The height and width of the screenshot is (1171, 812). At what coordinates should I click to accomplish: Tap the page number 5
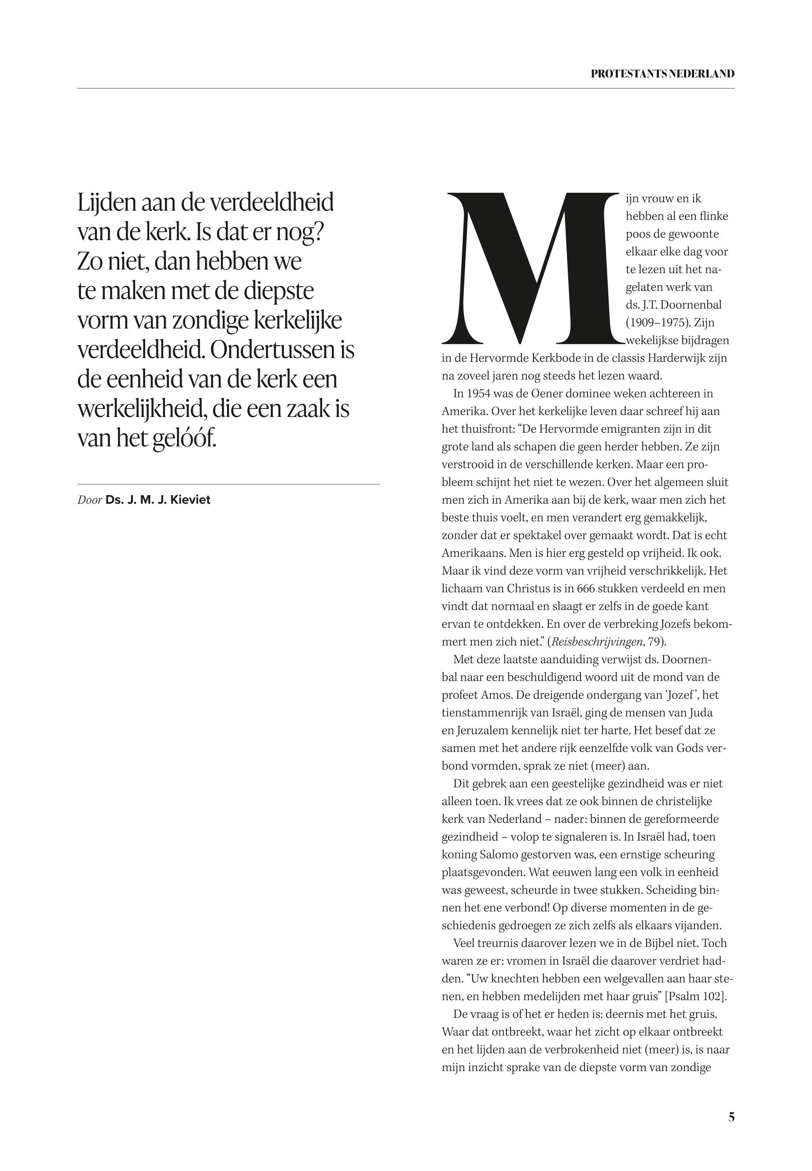pos(731,1117)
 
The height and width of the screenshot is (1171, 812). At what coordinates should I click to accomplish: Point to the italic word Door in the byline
pos(89,500)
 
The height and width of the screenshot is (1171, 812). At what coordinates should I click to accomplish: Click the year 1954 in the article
pos(477,394)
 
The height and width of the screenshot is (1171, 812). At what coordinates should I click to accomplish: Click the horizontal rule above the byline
pos(228,484)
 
